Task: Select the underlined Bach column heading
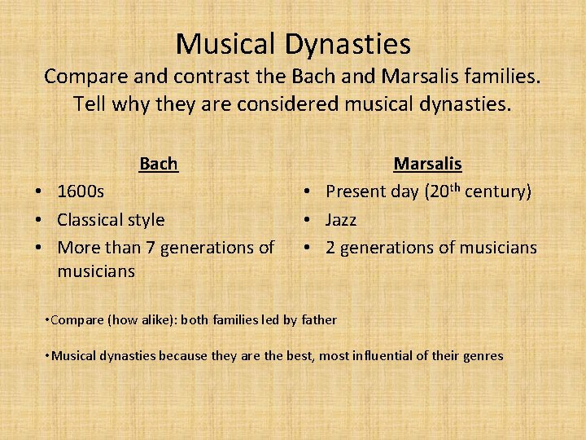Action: coord(158,164)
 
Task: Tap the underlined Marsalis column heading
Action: coord(427,164)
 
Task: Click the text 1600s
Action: coord(81,192)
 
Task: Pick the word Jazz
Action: coord(341,220)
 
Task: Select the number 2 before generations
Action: coord(331,248)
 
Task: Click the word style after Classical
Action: coord(147,220)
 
